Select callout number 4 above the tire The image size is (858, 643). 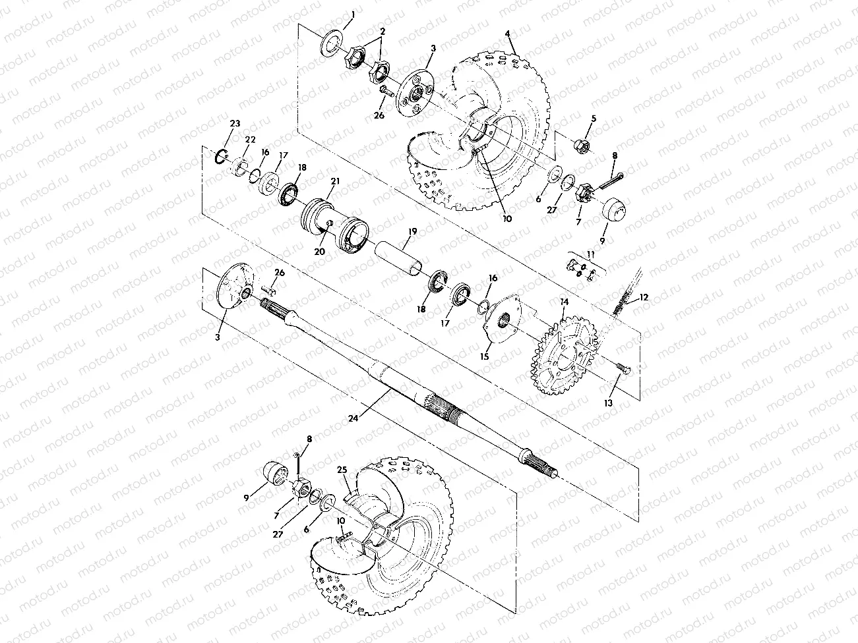click(x=508, y=34)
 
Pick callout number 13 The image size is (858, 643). click(x=608, y=403)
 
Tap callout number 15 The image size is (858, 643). click(x=485, y=356)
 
